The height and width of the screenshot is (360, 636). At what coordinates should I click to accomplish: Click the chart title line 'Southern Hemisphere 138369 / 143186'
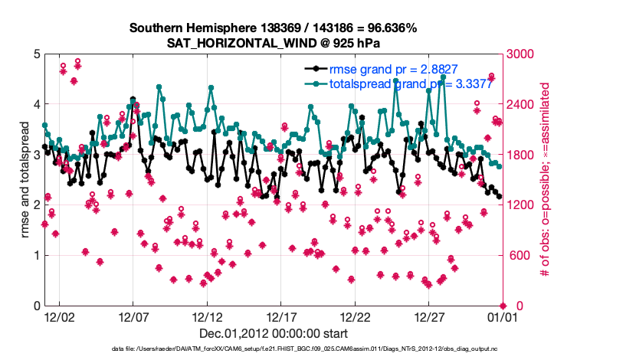(x=274, y=28)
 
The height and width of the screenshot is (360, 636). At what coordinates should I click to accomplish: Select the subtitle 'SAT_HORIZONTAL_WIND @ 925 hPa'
(x=274, y=43)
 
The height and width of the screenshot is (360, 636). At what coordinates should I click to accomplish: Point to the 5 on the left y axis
(x=36, y=54)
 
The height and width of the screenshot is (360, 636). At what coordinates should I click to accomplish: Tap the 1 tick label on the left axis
(x=36, y=256)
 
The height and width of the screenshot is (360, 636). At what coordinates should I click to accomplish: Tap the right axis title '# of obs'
(x=544, y=180)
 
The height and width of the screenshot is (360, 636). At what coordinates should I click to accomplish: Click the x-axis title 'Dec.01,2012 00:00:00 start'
(x=274, y=333)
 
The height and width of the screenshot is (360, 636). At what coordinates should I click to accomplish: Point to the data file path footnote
(x=274, y=349)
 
